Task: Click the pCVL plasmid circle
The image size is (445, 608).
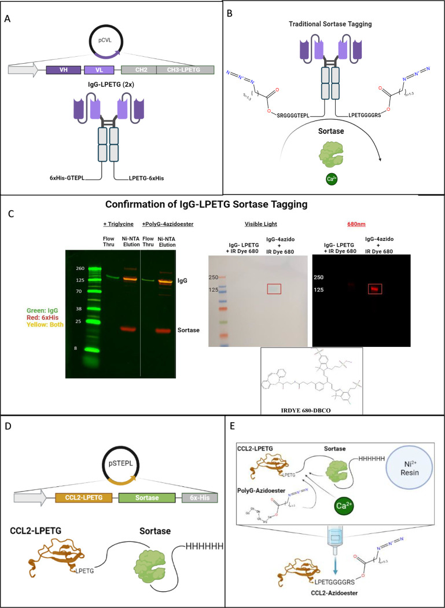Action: coord(107,43)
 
